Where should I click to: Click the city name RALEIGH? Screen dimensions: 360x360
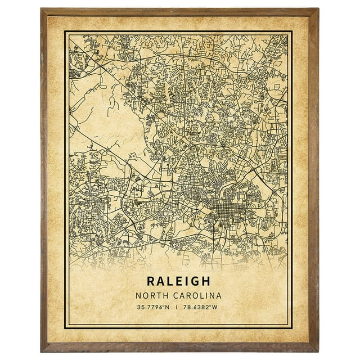point(179,280)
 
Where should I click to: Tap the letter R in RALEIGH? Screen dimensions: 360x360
point(151,280)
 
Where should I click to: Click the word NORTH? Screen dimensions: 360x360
point(150,295)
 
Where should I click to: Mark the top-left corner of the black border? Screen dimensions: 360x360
point(65,31)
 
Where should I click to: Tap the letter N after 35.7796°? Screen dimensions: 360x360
point(168,308)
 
